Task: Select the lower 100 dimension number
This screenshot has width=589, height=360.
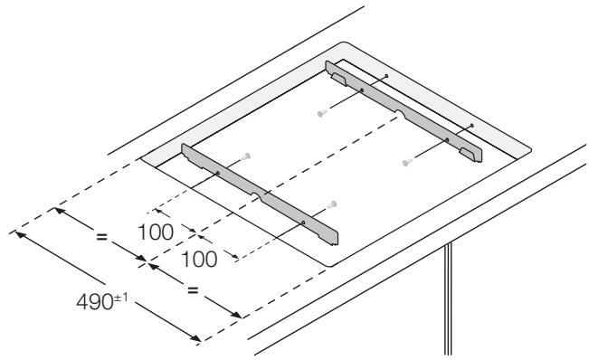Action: click(199, 259)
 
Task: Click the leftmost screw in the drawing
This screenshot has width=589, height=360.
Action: click(248, 156)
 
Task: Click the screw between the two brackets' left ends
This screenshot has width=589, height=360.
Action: click(321, 114)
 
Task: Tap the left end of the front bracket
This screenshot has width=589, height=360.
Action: click(186, 155)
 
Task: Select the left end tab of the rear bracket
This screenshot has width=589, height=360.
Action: click(337, 78)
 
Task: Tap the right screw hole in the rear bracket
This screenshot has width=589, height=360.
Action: click(446, 139)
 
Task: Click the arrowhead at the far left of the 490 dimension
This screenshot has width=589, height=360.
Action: click(18, 232)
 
